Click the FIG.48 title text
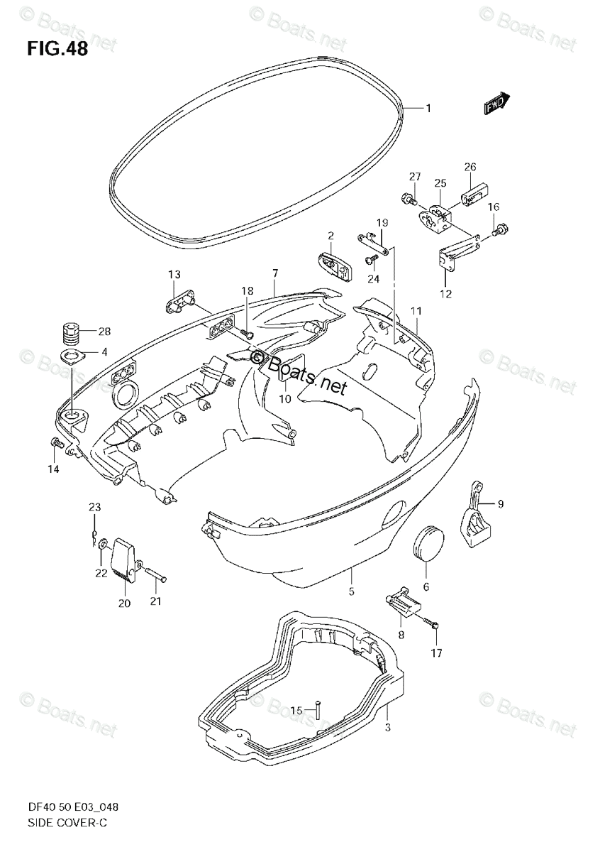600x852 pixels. (57, 50)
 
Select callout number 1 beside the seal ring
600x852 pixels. (428, 108)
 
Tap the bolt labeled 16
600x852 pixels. (501, 229)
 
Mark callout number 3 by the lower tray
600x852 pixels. (387, 727)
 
